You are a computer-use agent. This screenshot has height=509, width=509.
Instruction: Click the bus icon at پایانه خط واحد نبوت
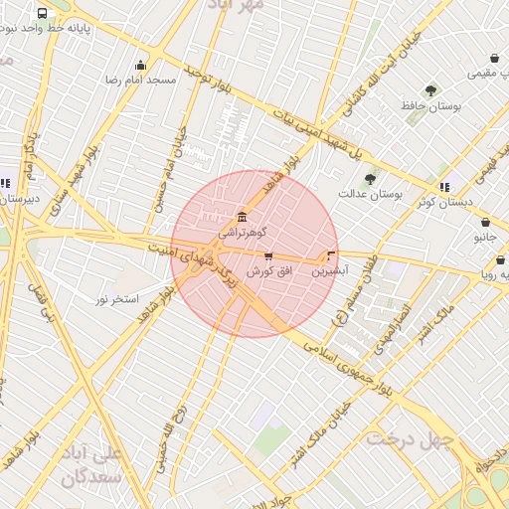42,14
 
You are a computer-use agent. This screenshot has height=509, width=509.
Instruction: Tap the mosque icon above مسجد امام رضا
140,65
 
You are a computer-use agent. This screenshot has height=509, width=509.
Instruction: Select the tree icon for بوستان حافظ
430,90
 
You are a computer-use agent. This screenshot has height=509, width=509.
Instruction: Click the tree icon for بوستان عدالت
371,179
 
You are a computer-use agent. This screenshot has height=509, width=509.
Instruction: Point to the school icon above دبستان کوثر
444,186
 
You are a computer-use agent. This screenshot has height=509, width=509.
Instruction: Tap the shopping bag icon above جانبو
484,224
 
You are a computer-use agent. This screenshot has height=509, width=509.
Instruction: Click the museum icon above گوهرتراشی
243,218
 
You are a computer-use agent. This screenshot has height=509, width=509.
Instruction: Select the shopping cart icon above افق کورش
268,256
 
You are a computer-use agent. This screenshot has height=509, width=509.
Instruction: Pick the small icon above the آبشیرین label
330,255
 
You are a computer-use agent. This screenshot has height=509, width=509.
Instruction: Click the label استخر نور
118,298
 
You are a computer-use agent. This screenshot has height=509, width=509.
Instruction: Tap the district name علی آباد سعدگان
90,464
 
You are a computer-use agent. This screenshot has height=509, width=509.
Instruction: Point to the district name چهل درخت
409,437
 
